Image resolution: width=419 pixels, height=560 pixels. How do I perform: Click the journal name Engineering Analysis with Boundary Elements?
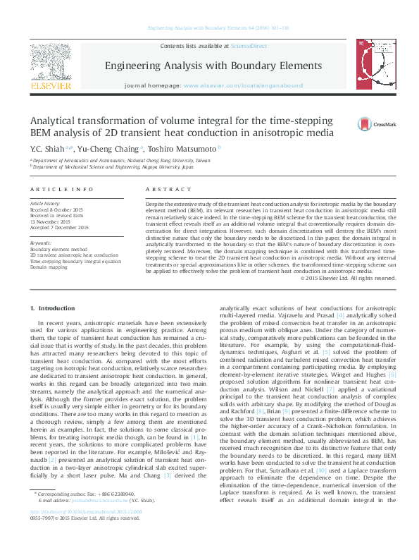pyautogui.click(x=213, y=66)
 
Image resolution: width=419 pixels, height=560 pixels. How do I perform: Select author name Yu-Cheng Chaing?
pyautogui.click(x=108, y=149)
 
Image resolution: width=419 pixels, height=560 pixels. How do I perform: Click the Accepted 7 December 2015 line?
pyautogui.click(x=59, y=227)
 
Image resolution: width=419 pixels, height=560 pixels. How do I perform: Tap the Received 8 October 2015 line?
pyautogui.click(x=56, y=210)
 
